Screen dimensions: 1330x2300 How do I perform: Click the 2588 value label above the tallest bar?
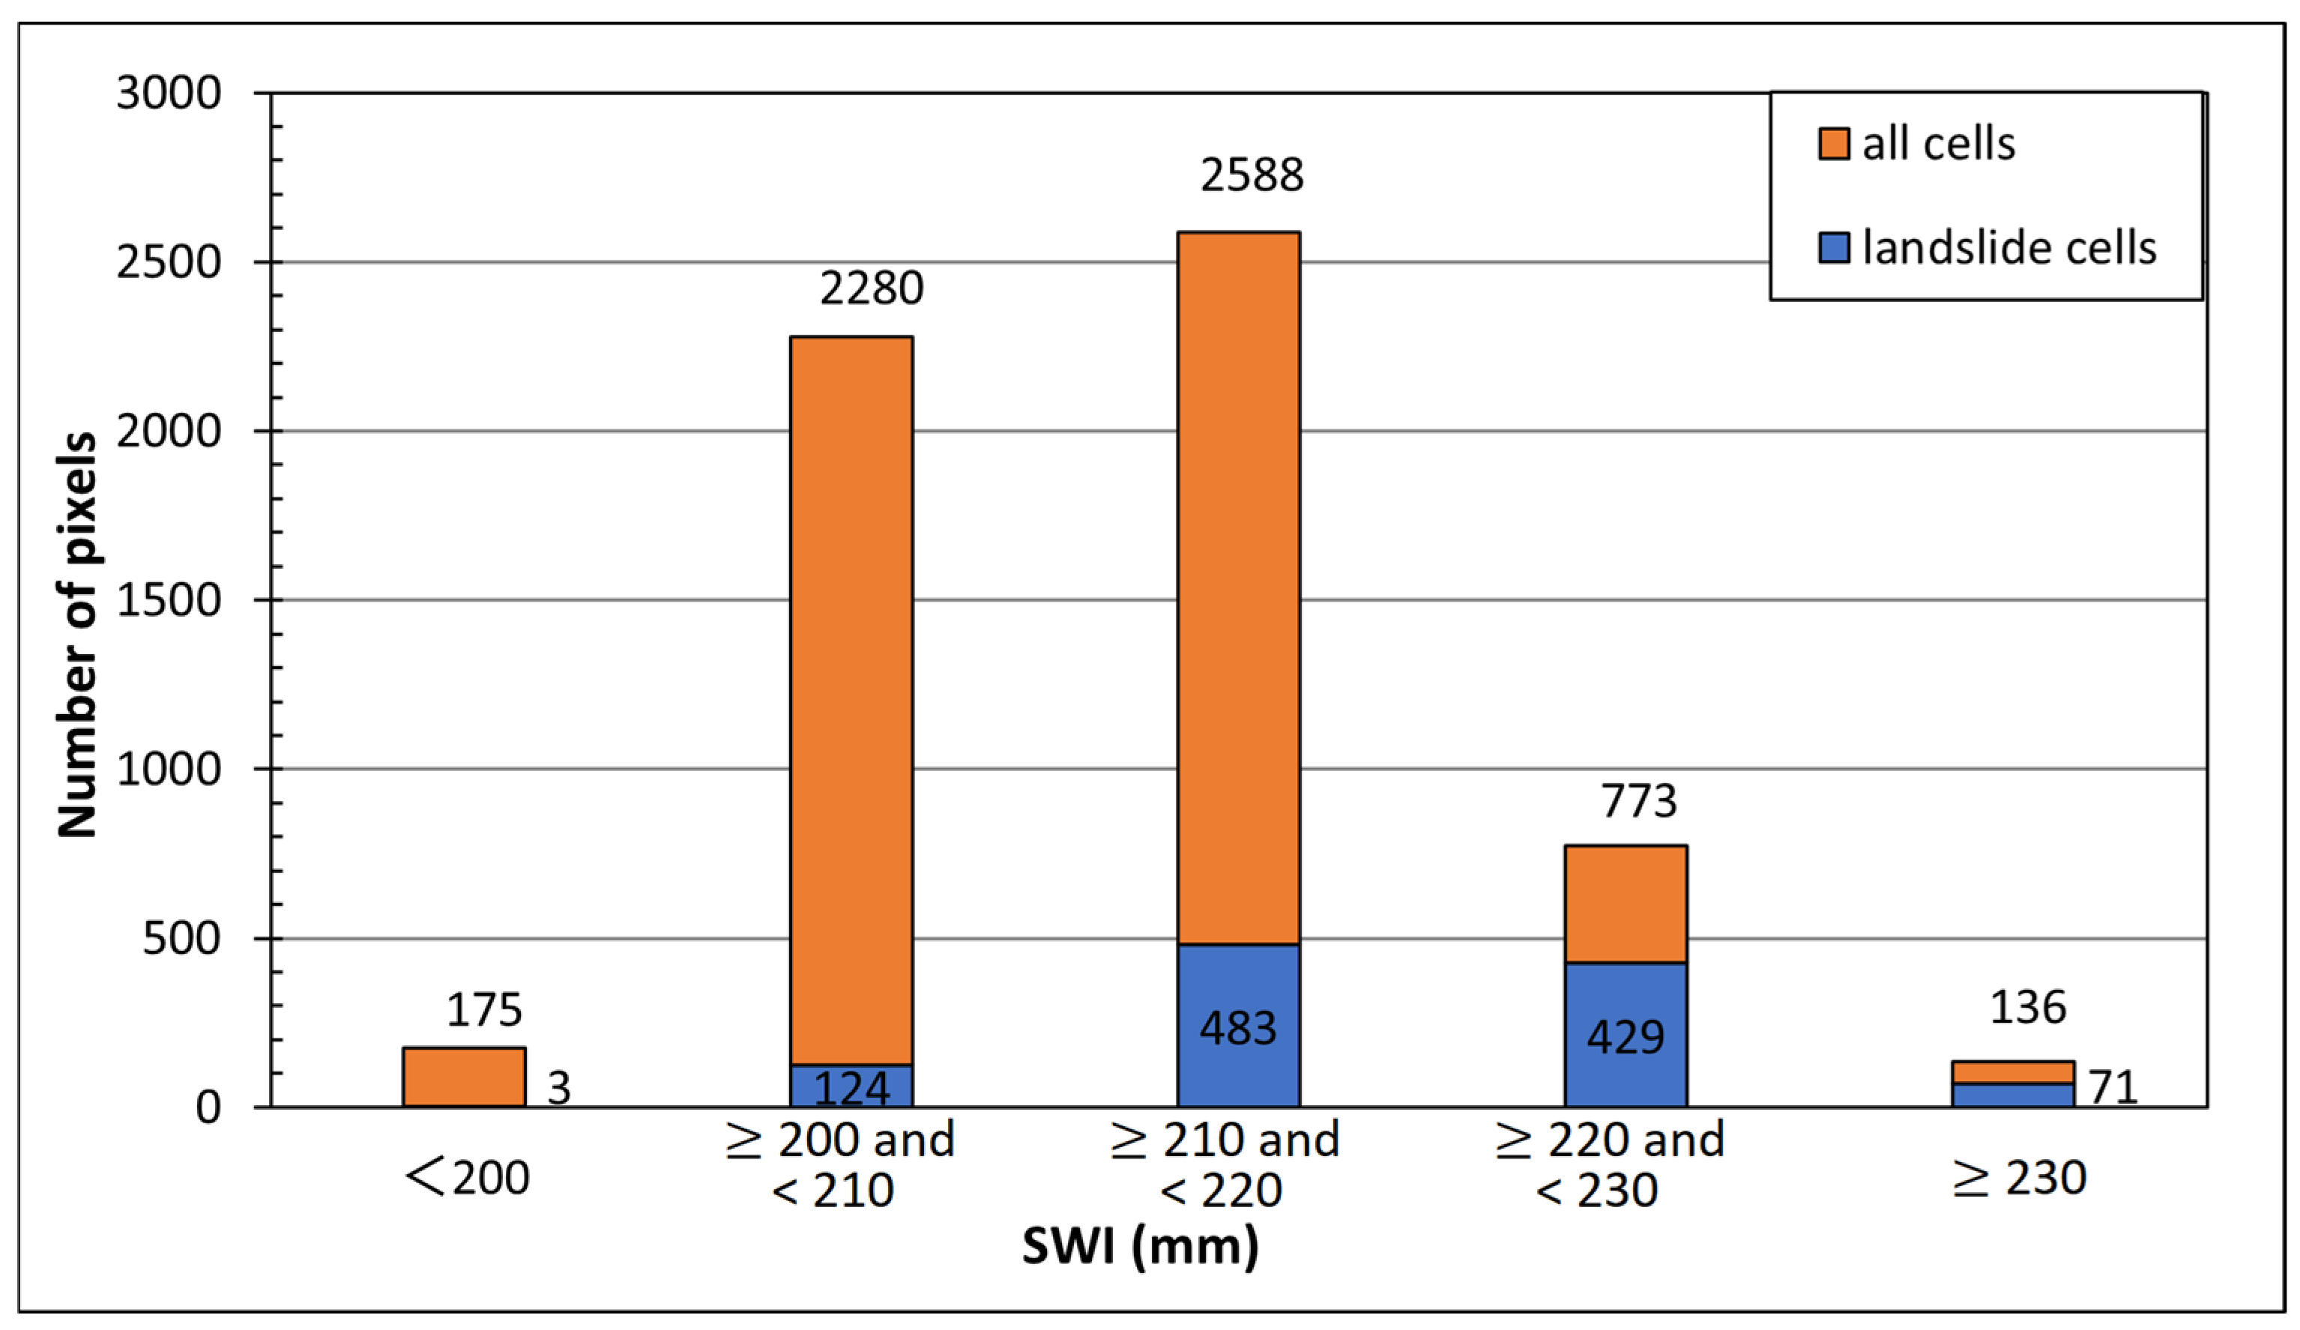[x=1252, y=175]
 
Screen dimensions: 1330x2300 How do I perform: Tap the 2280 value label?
[x=871, y=288]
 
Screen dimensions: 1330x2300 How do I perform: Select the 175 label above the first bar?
[x=483, y=1009]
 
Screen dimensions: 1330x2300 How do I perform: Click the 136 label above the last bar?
[x=2027, y=1007]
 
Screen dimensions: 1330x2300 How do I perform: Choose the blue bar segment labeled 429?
[x=1625, y=1036]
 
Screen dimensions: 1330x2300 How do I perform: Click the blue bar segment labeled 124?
[x=851, y=1086]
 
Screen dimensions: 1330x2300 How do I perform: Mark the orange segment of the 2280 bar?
[x=851, y=694]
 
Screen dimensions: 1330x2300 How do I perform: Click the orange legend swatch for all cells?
[x=1834, y=144]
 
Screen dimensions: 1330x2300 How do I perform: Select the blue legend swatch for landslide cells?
[x=1834, y=247]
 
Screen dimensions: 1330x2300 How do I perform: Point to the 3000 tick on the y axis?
[x=169, y=93]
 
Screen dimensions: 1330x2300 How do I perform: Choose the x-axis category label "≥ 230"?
[x=2019, y=1178]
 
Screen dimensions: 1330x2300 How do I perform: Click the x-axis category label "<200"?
[x=468, y=1178]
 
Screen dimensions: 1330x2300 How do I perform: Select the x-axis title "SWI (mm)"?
[x=1140, y=1246]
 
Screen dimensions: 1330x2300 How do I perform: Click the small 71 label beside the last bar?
[x=2113, y=1087]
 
